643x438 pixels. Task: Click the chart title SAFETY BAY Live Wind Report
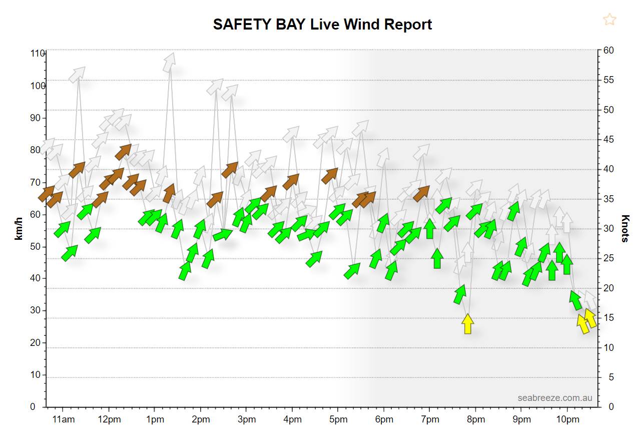322,25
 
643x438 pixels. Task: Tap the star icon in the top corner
609,20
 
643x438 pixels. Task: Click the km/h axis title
20,228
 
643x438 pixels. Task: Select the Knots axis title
625,228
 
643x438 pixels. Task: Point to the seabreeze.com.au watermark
555,398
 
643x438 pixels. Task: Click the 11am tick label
64,419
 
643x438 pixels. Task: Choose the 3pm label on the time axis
247,419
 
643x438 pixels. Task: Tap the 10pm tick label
567,419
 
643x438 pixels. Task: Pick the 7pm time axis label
430,419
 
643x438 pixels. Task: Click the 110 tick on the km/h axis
38,54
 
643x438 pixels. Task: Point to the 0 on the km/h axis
33,407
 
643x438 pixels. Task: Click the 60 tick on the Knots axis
608,51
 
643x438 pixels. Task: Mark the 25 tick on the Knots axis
608,258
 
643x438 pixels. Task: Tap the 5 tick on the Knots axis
606,377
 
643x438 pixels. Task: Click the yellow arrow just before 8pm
468,324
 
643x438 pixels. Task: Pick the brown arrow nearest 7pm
422,193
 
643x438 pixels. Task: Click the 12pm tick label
110,419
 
